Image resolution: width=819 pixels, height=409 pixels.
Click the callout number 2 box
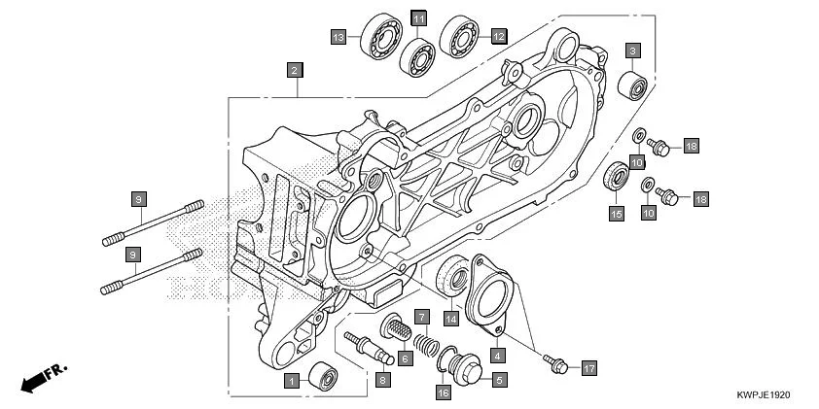pos(293,70)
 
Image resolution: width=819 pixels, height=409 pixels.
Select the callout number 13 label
pos(338,37)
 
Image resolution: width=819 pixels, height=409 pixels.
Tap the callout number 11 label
pos(418,19)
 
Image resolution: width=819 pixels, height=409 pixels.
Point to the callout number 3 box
pos(632,50)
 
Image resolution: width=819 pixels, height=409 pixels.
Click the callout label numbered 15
pos(616,212)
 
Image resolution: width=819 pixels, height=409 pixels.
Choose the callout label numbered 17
pos(588,368)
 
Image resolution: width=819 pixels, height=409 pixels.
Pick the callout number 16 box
pos(443,392)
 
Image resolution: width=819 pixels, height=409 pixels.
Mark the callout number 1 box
pos(291,382)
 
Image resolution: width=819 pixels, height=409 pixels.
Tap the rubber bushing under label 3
pos(633,85)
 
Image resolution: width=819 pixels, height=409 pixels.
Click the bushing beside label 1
pos(323,375)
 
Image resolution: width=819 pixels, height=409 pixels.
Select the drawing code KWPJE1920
pos(765,396)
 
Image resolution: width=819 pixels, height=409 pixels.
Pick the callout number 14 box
pos(450,318)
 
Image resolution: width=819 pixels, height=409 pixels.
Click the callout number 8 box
pos(383,381)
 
